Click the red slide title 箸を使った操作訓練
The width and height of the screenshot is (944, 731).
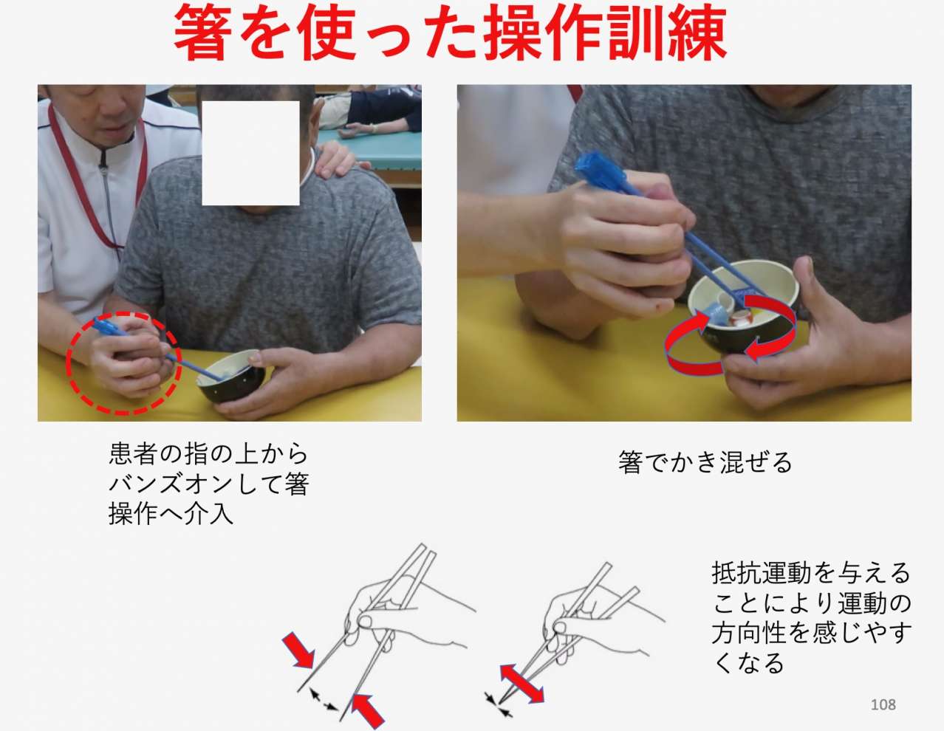point(450,33)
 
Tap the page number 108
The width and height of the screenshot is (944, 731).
point(883,704)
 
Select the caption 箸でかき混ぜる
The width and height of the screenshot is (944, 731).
point(705,463)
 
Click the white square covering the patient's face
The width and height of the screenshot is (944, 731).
point(250,153)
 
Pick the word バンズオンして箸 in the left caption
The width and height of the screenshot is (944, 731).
point(208,484)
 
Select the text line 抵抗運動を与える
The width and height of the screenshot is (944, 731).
point(810,573)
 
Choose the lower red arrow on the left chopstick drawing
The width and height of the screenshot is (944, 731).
point(368,710)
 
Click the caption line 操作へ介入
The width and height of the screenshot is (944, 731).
point(171,514)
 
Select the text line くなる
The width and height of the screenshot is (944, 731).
point(748,662)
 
